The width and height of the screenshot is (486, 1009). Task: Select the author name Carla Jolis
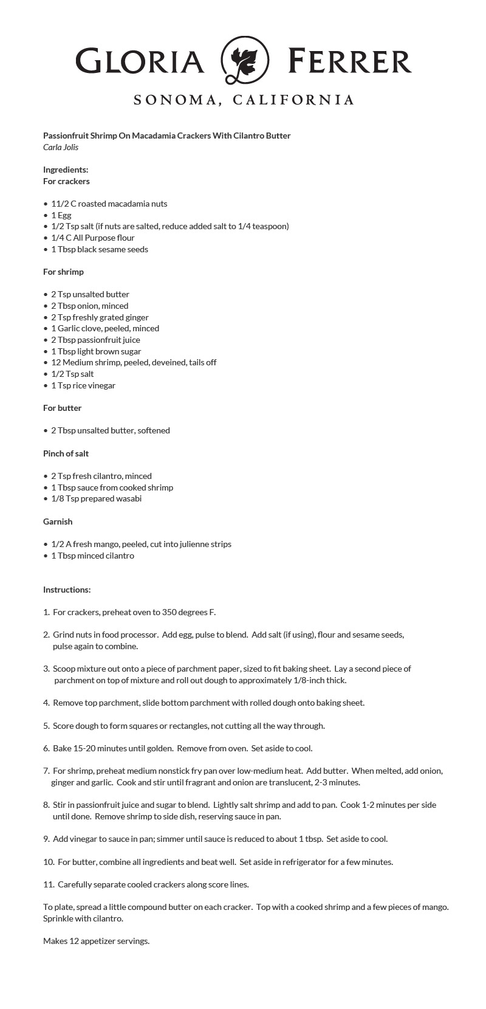pyautogui.click(x=61, y=147)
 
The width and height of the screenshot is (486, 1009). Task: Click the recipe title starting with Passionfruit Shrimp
pyautogui.click(x=166, y=136)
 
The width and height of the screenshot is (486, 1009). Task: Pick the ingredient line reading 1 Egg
pyautogui.click(x=61, y=215)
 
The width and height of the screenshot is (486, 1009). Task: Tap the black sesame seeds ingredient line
pyautogui.click(x=99, y=249)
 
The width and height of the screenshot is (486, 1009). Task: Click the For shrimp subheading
pyautogui.click(x=63, y=272)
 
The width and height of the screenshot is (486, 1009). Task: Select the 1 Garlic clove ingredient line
pyautogui.click(x=104, y=328)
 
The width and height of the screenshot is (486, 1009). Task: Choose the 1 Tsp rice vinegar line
pyautogui.click(x=83, y=385)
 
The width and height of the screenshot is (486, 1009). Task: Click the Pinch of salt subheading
pyautogui.click(x=66, y=453)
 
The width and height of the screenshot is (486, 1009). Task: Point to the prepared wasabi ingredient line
pyautogui.click(x=96, y=498)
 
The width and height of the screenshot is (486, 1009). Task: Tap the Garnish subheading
pyautogui.click(x=58, y=522)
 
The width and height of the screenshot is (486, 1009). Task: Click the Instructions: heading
pyautogui.click(x=67, y=590)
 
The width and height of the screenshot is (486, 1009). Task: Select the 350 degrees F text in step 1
pyautogui.click(x=186, y=612)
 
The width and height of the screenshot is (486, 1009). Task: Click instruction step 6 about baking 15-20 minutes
pyautogui.click(x=182, y=748)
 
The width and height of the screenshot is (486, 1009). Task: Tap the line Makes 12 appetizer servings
pyautogui.click(x=96, y=941)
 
